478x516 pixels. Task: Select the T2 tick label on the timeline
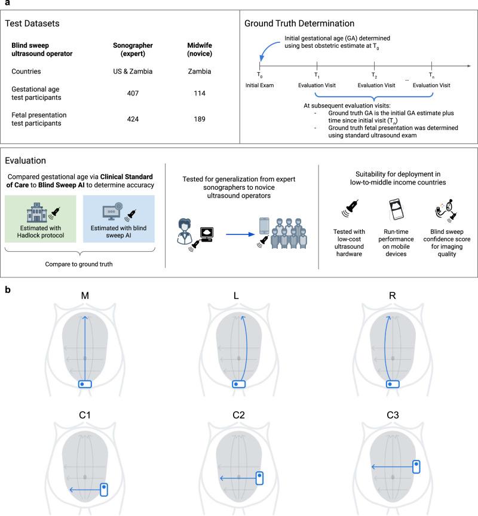point(375,76)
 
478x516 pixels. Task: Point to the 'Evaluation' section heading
point(26,162)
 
